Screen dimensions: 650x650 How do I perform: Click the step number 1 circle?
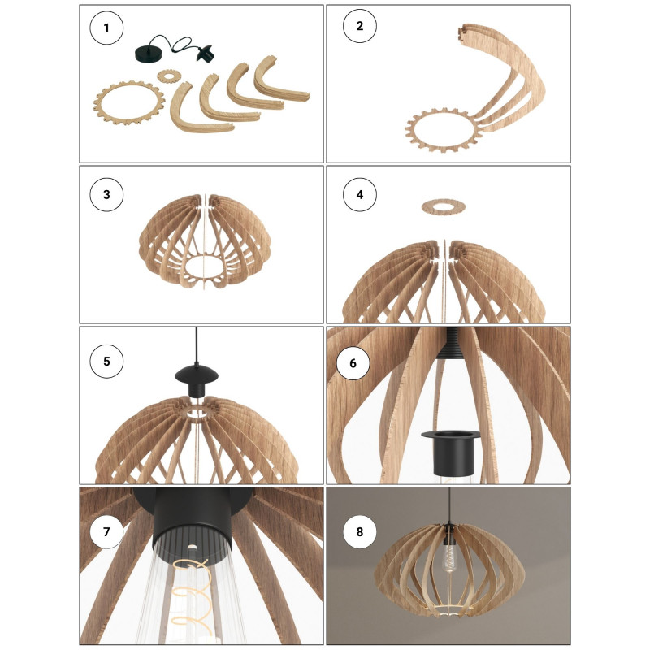[106, 29]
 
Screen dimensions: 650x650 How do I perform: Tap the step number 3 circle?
[106, 195]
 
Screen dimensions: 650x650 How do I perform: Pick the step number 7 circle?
[106, 532]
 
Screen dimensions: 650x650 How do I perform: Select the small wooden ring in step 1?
[169, 76]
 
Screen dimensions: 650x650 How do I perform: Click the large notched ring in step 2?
[440, 130]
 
